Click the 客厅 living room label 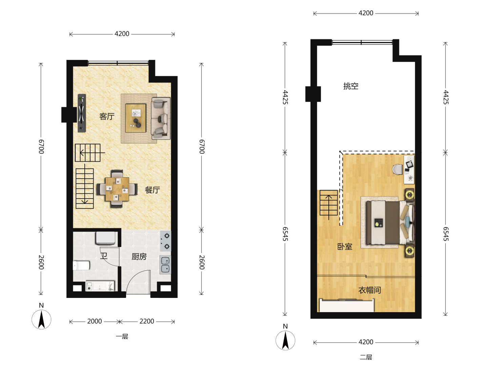(x=107, y=117)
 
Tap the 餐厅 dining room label (x=152, y=190)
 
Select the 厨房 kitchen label (x=139, y=257)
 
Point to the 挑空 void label (x=351, y=86)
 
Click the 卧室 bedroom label (x=345, y=246)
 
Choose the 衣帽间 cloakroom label (x=370, y=290)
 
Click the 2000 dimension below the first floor (x=95, y=321)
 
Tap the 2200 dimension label (x=147, y=321)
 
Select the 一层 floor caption (x=122, y=337)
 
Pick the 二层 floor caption (x=366, y=357)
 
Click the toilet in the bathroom (x=81, y=265)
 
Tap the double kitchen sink (x=165, y=265)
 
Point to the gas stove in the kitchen (x=166, y=241)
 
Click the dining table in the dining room (x=117, y=189)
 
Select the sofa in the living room (x=161, y=118)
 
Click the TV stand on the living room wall (x=82, y=113)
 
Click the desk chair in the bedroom (x=398, y=169)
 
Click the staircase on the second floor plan (x=329, y=203)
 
